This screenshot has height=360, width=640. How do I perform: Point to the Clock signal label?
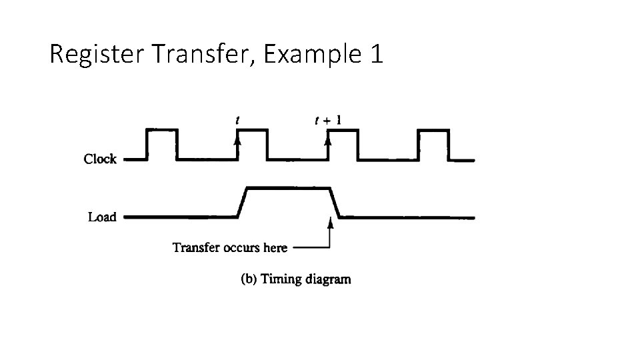pyautogui.click(x=100, y=159)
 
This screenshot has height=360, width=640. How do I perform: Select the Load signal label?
pyautogui.click(x=102, y=217)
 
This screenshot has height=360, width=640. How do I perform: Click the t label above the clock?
pyautogui.click(x=238, y=121)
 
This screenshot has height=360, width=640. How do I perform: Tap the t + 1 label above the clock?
pyautogui.click(x=328, y=121)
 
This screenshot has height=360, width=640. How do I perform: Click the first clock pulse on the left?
pyautogui.click(x=161, y=131)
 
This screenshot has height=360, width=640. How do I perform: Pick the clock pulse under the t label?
pyautogui.click(x=252, y=131)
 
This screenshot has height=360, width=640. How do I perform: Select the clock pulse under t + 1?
pyautogui.click(x=343, y=131)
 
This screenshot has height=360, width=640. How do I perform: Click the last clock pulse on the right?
pyautogui.click(x=433, y=131)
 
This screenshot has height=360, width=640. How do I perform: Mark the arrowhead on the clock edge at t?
pyautogui.click(x=237, y=141)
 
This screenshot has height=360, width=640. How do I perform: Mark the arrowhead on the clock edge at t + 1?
pyautogui.click(x=328, y=141)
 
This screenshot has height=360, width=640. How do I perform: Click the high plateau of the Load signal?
pyautogui.click(x=289, y=189)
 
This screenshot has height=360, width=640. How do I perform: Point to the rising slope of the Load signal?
pyautogui.click(x=242, y=203)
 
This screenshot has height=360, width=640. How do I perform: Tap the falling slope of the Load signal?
pyautogui.click(x=335, y=203)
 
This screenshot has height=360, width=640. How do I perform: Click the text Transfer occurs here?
pyautogui.click(x=230, y=248)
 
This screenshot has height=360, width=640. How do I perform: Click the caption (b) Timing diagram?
pyautogui.click(x=295, y=279)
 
